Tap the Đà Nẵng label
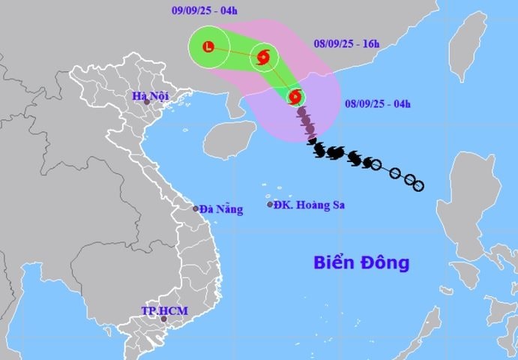[221, 209]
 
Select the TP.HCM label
[164, 310]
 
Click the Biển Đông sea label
[361, 263]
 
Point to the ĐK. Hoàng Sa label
[308, 205]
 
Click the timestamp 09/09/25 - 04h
[204, 10]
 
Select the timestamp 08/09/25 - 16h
[347, 44]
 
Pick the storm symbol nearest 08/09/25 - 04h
[295, 97]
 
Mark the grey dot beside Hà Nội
[147, 103]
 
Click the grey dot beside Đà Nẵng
[196, 209]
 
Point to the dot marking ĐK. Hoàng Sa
[270, 204]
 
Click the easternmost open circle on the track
[419, 185]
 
